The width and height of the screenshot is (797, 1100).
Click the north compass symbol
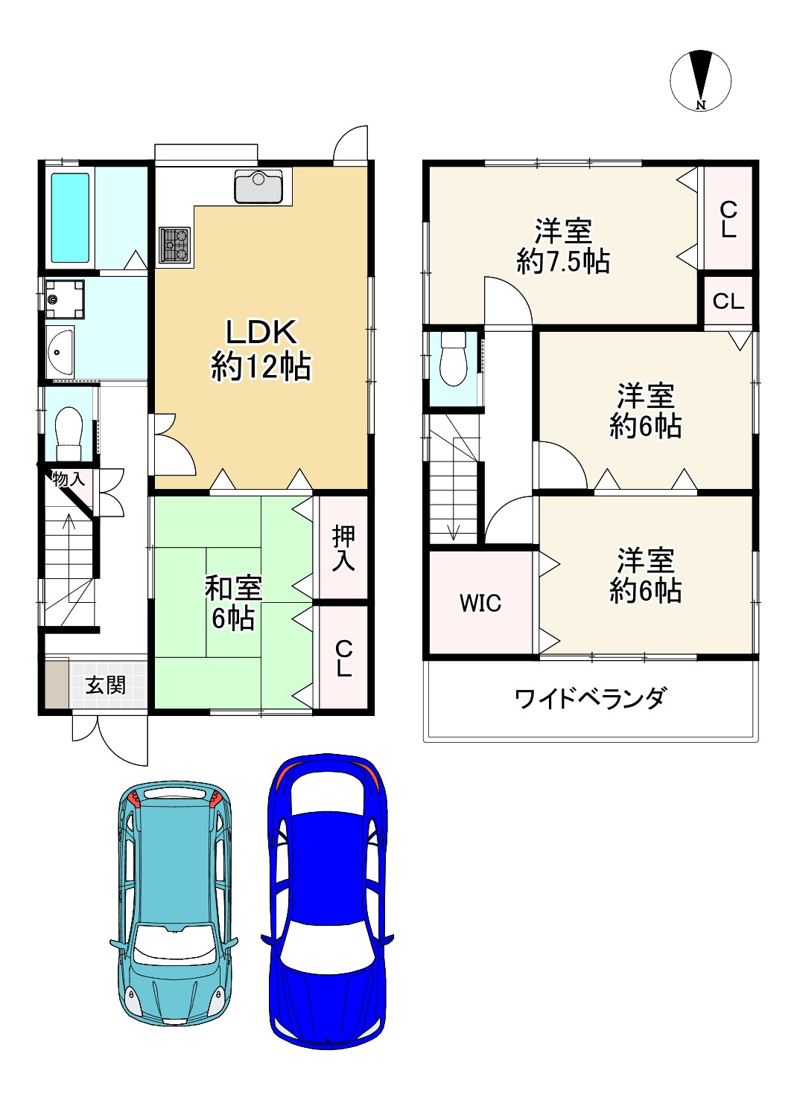point(700,80)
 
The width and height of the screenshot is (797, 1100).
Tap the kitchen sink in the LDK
point(258,186)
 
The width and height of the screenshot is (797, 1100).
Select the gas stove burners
point(174,245)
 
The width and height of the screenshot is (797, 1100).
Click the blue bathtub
point(70,217)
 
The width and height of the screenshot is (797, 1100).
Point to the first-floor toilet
point(69,434)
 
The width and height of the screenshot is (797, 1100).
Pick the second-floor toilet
point(453,359)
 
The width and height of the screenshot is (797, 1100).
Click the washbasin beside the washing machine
point(60,351)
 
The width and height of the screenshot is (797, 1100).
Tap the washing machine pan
point(65,299)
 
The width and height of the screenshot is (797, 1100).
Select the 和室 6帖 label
point(233,603)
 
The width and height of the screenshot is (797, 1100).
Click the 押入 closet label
point(343,548)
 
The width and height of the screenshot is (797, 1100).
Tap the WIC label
point(480,604)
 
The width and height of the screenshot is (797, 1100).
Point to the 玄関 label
point(106,685)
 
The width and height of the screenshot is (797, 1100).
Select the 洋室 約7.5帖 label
point(563,246)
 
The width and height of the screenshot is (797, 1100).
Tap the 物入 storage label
point(69,479)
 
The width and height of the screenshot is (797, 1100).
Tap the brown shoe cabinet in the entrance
point(57,685)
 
